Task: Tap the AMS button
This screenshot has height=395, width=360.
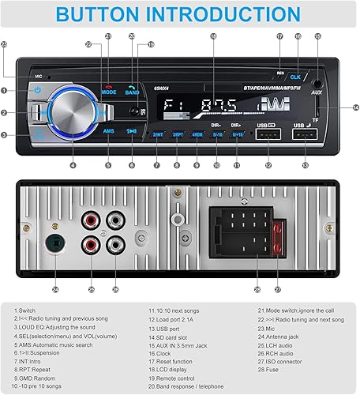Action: click(x=108, y=131)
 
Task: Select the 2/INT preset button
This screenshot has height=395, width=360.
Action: click(x=156, y=135)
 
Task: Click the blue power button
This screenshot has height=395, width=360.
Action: click(x=37, y=91)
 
